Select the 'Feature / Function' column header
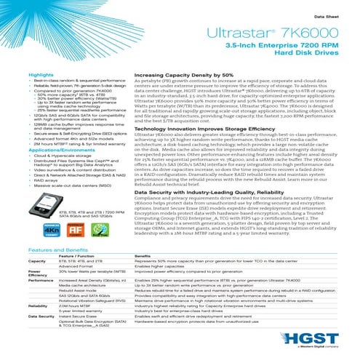point(76,256)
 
